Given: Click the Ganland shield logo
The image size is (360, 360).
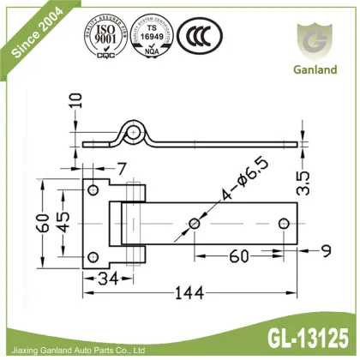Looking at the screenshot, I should pyautogui.click(x=315, y=39).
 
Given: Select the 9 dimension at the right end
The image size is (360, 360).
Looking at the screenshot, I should pyautogui.click(x=327, y=250).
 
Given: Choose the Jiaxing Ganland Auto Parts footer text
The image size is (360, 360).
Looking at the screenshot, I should pyautogui.click(x=79, y=349).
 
